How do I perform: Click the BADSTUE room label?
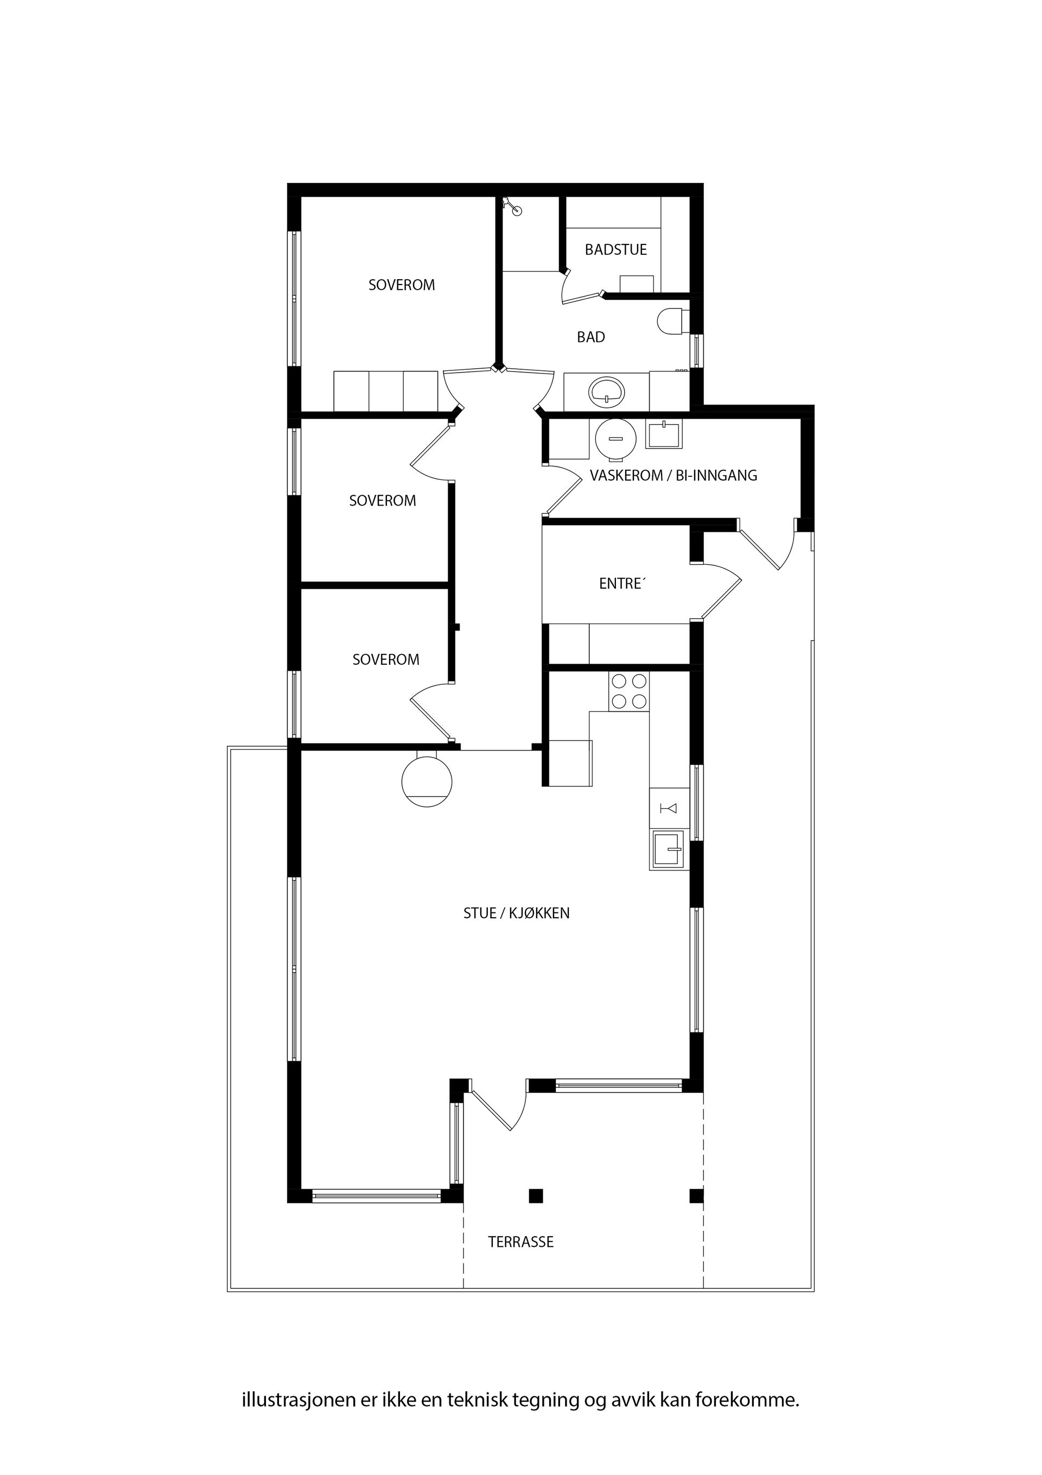615,249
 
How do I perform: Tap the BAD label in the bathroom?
590,337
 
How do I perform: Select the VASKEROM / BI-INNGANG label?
674,475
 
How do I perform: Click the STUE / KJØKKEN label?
516,913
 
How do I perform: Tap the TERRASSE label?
520,1242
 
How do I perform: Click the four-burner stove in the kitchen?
628,691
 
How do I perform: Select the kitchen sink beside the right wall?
669,849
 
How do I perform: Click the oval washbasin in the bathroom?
607,391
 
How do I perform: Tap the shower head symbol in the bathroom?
513,206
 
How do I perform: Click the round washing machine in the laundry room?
615,439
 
